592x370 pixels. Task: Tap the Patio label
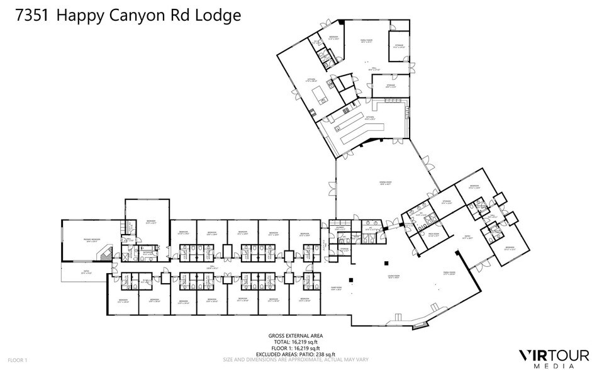click(86, 272)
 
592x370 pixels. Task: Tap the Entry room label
click(467, 238)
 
